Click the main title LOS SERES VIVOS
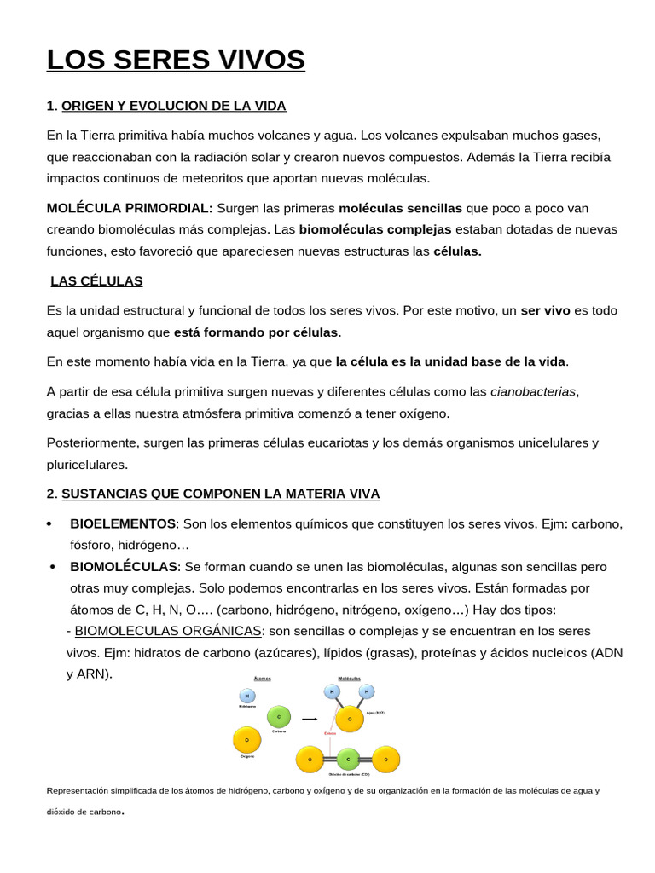point(175,61)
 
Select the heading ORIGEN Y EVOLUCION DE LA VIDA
point(174,106)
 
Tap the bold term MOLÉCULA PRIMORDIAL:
point(130,208)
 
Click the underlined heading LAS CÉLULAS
point(96,280)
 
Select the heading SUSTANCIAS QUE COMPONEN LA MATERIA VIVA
point(221,494)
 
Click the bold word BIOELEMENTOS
point(123,523)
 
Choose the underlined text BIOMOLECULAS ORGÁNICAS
point(168,631)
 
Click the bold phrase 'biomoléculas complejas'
point(375,229)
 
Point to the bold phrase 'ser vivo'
point(545,310)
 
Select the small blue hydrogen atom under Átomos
point(247,697)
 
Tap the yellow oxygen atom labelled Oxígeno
point(247,740)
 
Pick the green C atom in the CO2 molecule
point(348,759)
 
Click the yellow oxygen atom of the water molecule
point(350,719)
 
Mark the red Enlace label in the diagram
point(330,733)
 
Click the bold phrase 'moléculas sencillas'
point(400,208)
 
